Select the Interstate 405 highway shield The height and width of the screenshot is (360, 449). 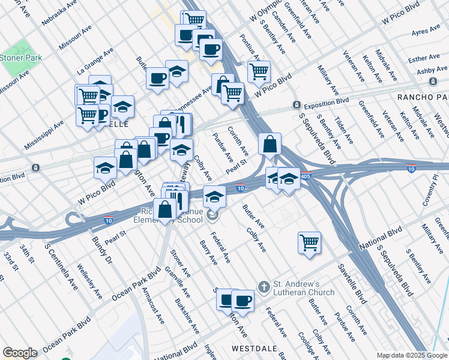coord(306,177)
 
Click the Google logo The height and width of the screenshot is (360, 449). coord(20,353)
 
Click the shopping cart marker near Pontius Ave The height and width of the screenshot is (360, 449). coord(259,72)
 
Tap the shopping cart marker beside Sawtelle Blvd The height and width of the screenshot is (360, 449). coord(309,243)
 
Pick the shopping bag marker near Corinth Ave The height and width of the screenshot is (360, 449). coord(270,144)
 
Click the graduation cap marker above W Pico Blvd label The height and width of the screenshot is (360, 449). coord(105,169)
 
